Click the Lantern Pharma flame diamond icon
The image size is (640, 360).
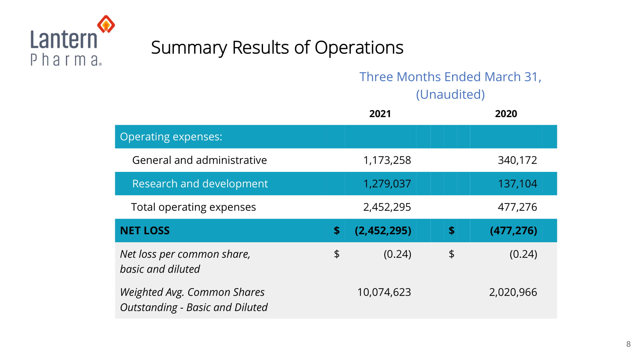coord(106,24)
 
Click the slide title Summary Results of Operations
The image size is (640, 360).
coord(277,48)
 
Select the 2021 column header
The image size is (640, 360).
coord(380,114)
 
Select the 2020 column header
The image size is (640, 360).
coord(506,114)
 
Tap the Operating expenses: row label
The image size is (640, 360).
coord(171,137)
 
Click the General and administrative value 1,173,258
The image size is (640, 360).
coord(387,160)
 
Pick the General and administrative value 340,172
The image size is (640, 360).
coord(517,160)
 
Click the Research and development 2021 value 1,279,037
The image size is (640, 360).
coord(387,184)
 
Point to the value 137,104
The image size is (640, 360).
coord(517,184)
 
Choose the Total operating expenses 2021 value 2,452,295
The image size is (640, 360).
coord(387,207)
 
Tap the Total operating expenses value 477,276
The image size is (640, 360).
coord(517,207)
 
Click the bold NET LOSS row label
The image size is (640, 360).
coord(145,230)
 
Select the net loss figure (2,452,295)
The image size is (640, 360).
coord(383,230)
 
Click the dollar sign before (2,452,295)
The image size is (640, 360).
coord(337,230)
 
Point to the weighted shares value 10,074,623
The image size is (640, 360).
coord(384,292)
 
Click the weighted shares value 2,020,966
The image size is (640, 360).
coord(513,292)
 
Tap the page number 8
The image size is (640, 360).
coord(628,344)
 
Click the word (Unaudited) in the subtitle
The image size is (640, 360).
coord(450,94)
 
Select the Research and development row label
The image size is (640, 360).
coord(200,184)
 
